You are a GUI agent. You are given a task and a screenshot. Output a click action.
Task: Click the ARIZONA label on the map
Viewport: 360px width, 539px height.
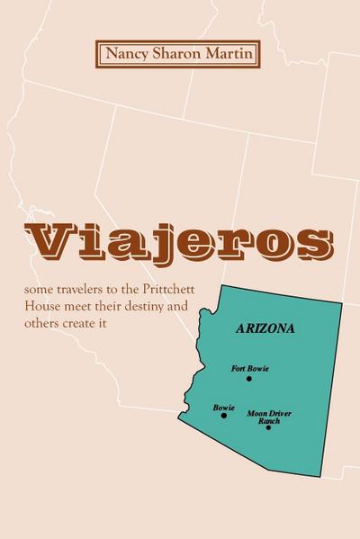pos(265,328)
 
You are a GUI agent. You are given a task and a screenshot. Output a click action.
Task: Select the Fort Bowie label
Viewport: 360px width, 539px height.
pos(249,369)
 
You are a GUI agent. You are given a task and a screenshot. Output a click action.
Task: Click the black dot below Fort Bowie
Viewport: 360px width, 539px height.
pos(249,379)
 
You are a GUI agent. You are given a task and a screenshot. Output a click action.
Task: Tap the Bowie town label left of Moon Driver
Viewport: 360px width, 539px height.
pos(223,407)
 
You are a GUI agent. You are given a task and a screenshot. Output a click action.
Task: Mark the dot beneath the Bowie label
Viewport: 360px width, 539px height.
pos(224,416)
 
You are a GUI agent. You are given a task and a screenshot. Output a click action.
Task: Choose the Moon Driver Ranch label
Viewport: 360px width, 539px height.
pos(269,417)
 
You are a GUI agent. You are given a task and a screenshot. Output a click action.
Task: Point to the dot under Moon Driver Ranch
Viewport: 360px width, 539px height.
pos(268,427)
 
